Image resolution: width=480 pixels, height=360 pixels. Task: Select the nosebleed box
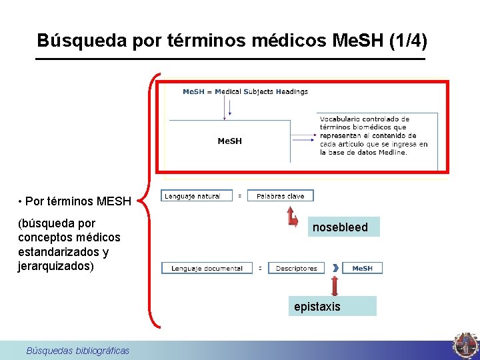[340, 227]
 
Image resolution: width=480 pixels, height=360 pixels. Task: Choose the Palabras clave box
[280, 196]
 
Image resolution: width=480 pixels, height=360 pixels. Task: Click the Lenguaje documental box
[207, 268]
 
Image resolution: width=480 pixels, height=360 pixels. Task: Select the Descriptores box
[296, 268]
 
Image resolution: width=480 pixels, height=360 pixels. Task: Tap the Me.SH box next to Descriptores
[362, 268]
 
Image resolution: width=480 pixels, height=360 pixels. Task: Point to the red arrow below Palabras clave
[292, 217]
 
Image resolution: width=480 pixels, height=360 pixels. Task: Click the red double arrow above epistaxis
[335, 285]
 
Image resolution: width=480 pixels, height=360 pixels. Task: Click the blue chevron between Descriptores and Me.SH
[335, 268]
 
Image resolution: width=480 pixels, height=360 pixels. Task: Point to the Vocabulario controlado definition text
[373, 135]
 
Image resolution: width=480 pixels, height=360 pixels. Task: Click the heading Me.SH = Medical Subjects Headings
[245, 91]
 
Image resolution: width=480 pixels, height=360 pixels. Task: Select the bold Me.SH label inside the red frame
[230, 141]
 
